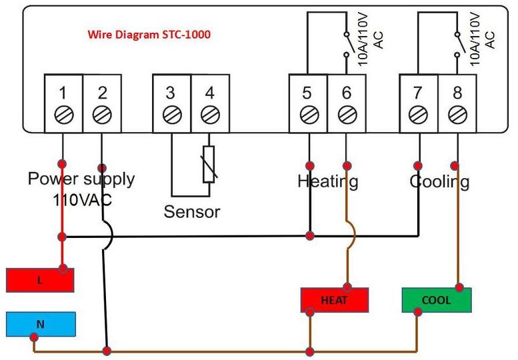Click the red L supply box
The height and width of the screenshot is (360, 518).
pos(40,280)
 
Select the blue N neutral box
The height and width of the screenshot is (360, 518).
pos(40,325)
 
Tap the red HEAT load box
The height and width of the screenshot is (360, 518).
pos(334,300)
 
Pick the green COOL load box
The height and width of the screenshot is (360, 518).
pos(437,300)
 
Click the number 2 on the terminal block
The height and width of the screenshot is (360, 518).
pos(101,93)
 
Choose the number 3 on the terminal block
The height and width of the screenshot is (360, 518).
pos(171,93)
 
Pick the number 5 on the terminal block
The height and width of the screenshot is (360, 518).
pos(307,93)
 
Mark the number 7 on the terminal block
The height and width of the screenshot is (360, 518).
pos(417,93)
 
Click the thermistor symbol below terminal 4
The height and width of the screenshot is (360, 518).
pos(209,163)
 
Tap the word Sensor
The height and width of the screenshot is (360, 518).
pos(192,212)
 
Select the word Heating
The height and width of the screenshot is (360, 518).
pos(327,181)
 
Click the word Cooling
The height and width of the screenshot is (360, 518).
pos(439,181)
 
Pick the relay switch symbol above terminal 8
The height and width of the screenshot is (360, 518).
pos(457,43)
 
